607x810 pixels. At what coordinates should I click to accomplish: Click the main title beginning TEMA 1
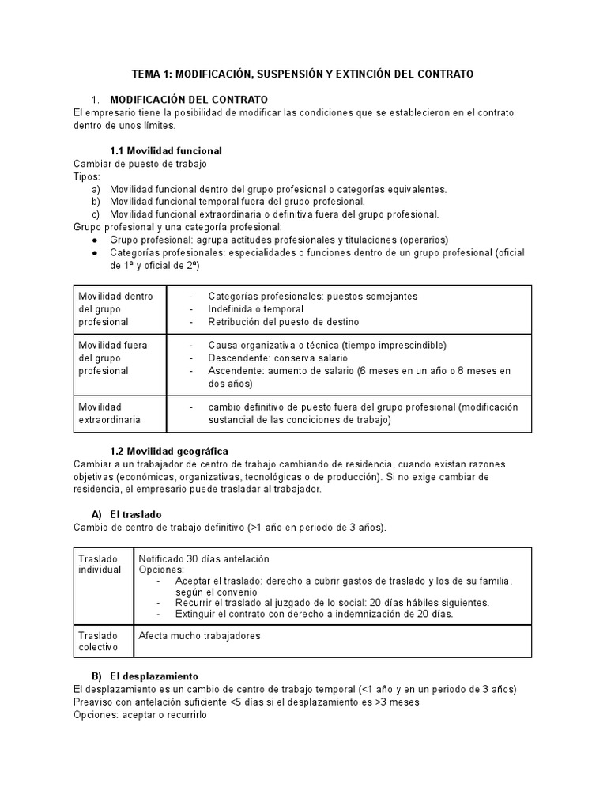(302, 74)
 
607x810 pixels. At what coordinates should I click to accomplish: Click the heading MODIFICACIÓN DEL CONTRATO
(189, 100)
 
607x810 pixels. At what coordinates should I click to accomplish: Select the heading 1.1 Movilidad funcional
(165, 150)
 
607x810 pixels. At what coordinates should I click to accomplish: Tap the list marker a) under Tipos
(96, 189)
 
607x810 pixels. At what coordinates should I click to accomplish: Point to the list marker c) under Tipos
(96, 214)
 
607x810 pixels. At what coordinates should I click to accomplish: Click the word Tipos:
(87, 176)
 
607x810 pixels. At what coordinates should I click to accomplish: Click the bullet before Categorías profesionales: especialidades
(96, 252)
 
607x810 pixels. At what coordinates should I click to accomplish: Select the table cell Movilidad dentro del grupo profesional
(115, 308)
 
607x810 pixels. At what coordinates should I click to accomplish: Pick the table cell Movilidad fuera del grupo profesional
(115, 358)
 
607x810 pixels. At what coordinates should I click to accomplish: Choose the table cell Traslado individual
(100, 563)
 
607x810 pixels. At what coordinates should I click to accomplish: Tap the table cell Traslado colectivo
(97, 641)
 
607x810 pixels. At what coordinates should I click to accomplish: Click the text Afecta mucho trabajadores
(199, 635)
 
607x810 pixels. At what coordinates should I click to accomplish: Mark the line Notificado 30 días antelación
(204, 558)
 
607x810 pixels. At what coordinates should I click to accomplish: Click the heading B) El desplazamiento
(151, 676)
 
